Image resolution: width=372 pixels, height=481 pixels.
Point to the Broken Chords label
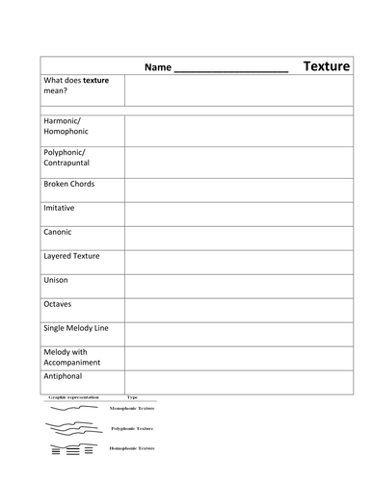69,184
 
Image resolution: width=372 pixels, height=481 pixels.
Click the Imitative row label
60,208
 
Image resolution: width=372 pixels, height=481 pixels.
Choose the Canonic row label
58,232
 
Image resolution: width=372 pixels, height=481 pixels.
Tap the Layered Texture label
71,256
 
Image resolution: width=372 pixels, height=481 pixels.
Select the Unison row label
56,280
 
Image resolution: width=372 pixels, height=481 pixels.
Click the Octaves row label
58,304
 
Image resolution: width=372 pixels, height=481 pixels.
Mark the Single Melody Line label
76,328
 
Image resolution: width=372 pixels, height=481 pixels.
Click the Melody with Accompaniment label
76,358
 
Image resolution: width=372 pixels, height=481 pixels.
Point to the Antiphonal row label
64,382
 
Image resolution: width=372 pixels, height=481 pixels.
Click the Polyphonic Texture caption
132,428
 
